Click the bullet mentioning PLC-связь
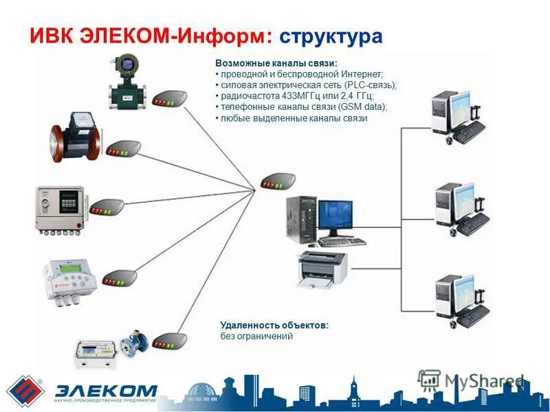pos(306,84)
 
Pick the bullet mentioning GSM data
pos(302,107)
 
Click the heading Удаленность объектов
pos(274,325)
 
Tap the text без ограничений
pos(256,336)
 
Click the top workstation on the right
pos(456,116)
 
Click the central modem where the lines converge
pos(278,182)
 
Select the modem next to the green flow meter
pos(169,98)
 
